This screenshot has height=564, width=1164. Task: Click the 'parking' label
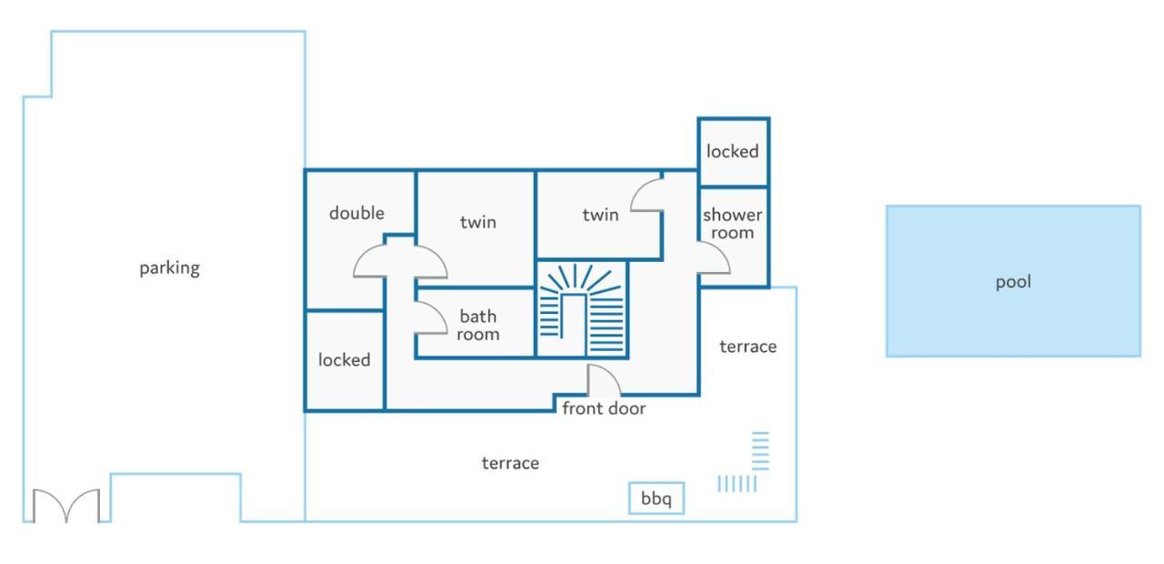[x=169, y=268]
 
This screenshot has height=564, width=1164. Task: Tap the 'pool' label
[x=1013, y=282]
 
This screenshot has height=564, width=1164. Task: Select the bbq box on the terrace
[x=657, y=499]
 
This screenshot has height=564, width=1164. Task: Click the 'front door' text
[x=604, y=408]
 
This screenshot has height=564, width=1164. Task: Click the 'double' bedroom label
[x=356, y=213]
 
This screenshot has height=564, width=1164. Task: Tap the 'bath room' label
[x=478, y=325]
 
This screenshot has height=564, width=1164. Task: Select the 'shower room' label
[x=732, y=224]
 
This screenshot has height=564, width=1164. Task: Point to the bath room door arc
[x=439, y=312]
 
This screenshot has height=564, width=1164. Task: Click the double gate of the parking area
[x=66, y=505]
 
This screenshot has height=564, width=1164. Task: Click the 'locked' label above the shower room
[x=732, y=152]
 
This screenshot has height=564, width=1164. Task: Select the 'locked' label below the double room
[x=344, y=360]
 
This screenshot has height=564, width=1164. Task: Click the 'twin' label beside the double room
[x=478, y=223]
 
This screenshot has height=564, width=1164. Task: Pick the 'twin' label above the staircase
[x=600, y=215]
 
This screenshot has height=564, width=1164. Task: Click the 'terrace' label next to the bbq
[x=510, y=463]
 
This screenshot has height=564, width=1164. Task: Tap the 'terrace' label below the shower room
[x=748, y=347]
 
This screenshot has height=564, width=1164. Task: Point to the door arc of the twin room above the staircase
[x=640, y=186]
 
